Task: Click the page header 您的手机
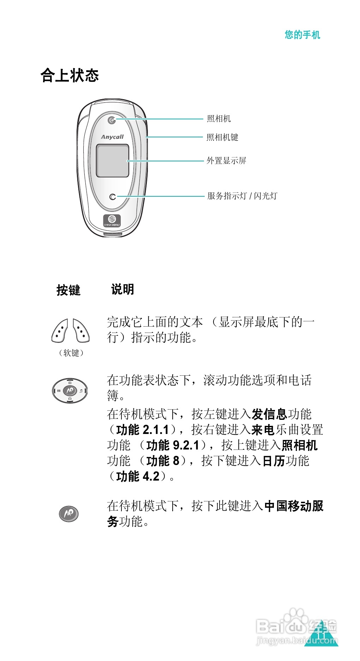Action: coord(302,35)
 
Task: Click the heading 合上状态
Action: coord(70,75)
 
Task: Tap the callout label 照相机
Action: coord(219,119)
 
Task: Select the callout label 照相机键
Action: coord(222,137)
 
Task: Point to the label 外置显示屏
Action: coord(226,161)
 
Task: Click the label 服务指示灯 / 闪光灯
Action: coord(242,196)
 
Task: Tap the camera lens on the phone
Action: coord(112,120)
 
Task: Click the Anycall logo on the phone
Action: coord(112,137)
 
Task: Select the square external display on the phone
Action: coord(113,161)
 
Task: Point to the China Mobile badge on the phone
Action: coord(112,221)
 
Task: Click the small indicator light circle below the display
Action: coord(113,197)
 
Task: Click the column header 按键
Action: coord(68,290)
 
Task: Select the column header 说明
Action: coord(122,290)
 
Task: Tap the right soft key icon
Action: coord(81,330)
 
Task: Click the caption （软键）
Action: coord(71,353)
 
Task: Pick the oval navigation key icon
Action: coord(70,391)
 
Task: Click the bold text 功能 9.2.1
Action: coord(173,445)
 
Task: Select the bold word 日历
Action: coord(274,461)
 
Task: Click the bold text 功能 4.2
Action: coord(138,476)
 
